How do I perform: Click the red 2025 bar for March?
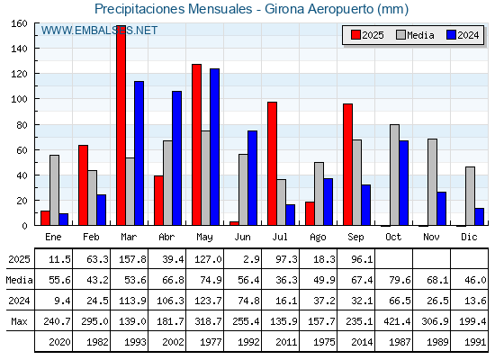point(121,125)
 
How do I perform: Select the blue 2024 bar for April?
point(176,158)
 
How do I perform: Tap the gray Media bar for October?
point(394,175)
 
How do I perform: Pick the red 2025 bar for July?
point(272,164)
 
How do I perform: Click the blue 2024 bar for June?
point(252,178)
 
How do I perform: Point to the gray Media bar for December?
point(470,196)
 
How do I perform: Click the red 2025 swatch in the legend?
point(355,35)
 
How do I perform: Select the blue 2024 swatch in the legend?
point(451,35)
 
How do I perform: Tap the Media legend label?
point(420,35)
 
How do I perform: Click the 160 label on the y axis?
point(19,23)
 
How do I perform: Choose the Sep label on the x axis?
point(355,238)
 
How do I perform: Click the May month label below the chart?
point(205,238)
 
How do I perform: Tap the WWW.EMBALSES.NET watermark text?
point(99,31)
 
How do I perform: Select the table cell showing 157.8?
point(132,259)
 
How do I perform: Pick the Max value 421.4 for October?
point(397,321)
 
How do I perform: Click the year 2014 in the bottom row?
point(362,342)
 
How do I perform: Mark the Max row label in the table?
point(19,321)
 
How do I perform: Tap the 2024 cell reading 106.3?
point(170,301)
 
